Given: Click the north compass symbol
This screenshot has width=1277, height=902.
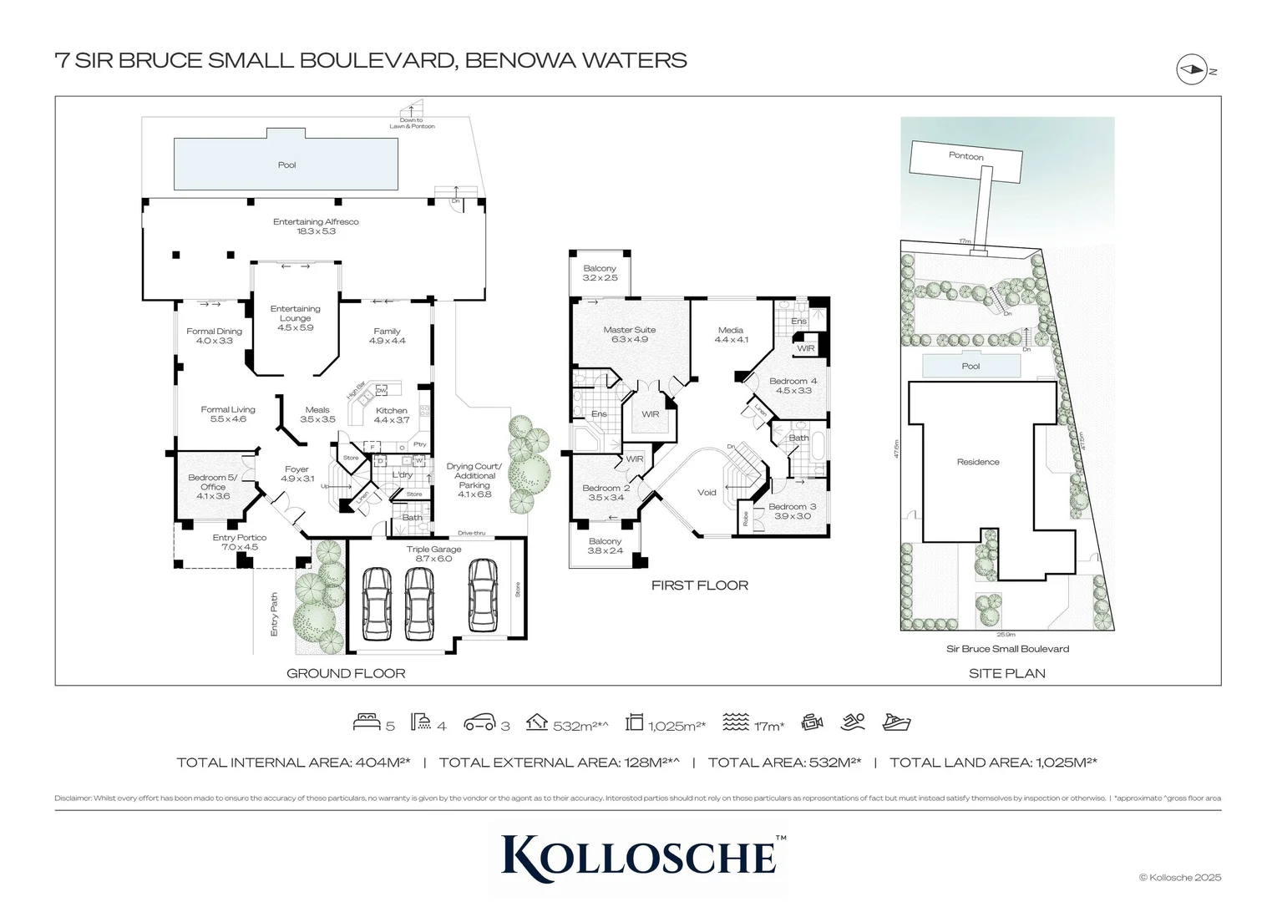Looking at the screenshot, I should (x=1192, y=69).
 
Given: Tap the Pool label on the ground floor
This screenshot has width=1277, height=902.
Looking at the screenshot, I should (x=286, y=165).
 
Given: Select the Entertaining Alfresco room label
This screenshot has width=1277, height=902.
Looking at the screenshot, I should (x=316, y=226).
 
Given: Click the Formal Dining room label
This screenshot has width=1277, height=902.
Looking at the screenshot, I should (x=214, y=336).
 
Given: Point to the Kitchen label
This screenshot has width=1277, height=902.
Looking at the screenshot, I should (x=391, y=415).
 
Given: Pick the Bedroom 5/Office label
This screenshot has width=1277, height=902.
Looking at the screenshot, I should (x=213, y=487).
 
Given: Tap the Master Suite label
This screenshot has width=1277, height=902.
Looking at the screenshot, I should (x=629, y=334).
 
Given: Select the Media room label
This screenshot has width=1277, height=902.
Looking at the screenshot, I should (x=731, y=335).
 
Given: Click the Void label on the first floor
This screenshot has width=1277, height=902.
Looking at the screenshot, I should (x=707, y=493).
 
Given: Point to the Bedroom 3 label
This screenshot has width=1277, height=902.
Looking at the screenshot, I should (x=792, y=511).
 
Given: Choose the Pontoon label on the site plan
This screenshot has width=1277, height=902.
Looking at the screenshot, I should (x=965, y=156).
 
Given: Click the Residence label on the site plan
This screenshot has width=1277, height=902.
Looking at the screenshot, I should (x=977, y=462).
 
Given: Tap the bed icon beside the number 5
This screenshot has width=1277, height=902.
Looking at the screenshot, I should (x=367, y=723).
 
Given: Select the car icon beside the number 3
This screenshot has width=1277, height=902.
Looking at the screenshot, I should (x=480, y=723).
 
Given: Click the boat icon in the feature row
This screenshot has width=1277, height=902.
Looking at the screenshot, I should (x=896, y=722).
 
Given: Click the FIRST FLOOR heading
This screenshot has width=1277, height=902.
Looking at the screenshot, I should (x=699, y=585).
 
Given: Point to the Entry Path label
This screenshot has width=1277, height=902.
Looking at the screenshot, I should (x=274, y=615).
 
